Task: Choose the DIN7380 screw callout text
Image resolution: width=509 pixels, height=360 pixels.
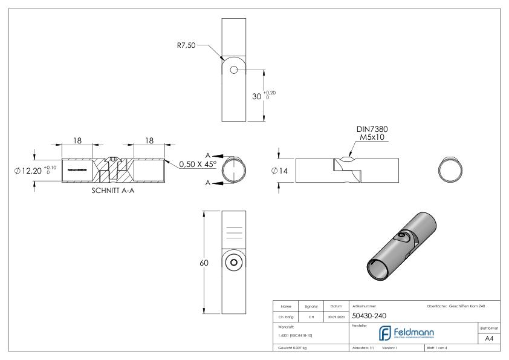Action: [x=372, y=131]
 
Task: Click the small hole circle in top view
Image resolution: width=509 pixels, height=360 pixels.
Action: [x=234, y=70]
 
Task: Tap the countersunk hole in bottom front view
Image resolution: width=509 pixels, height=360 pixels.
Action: [x=233, y=263]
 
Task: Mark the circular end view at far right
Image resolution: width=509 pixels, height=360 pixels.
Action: [x=451, y=171]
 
